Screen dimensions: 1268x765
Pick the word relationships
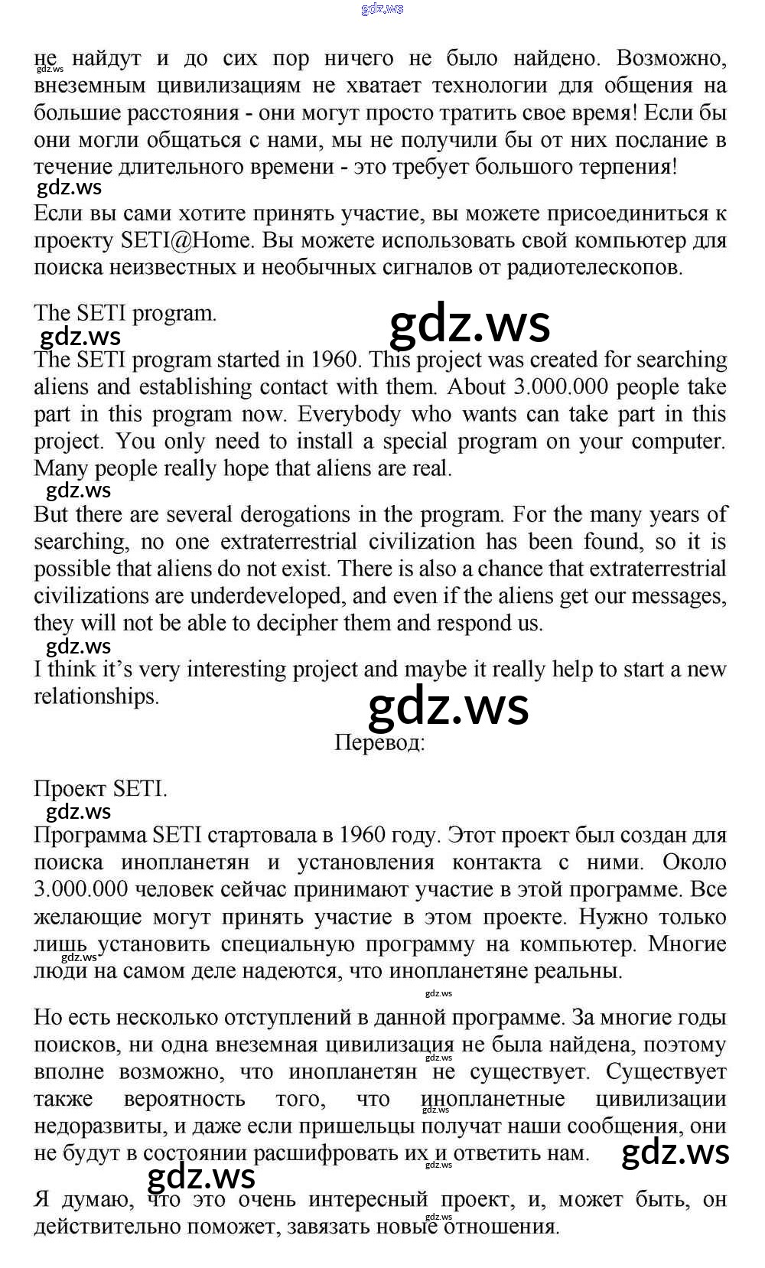tap(96, 696)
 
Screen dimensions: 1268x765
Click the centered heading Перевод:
tap(379, 742)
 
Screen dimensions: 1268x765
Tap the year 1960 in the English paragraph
tap(334, 360)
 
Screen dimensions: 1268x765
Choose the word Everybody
tap(349, 414)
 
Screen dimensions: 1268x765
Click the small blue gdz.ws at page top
tap(382, 9)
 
